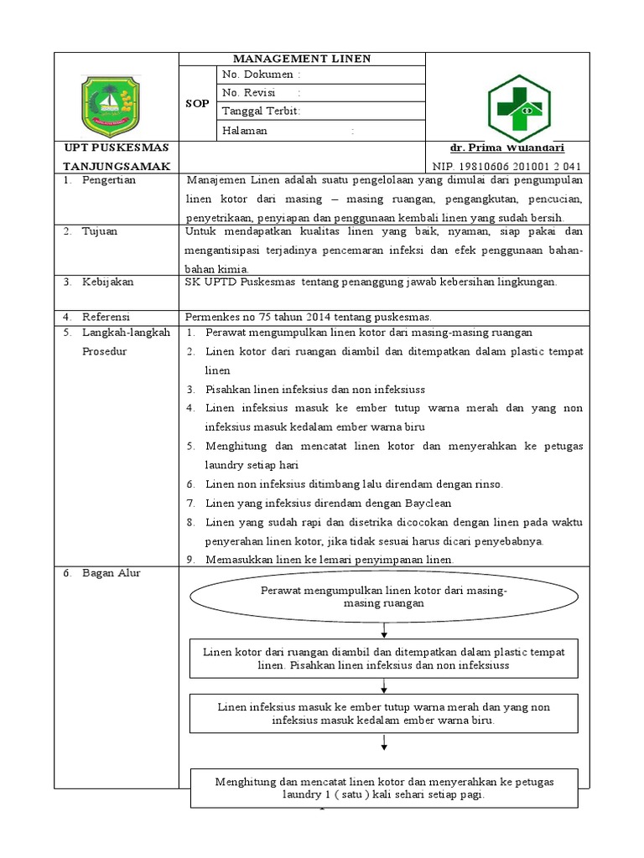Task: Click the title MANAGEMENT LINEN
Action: [x=301, y=59]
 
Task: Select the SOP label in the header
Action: [x=197, y=103]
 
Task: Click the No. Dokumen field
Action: [x=261, y=75]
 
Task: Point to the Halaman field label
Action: [x=245, y=131]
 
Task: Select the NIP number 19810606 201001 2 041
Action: [x=506, y=166]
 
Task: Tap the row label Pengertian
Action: [x=108, y=180]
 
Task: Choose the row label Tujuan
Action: [x=99, y=230]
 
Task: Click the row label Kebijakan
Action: [x=107, y=282]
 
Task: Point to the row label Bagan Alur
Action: [x=111, y=573]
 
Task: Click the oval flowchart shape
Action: [x=383, y=597]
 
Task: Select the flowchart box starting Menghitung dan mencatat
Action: [x=384, y=788]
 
